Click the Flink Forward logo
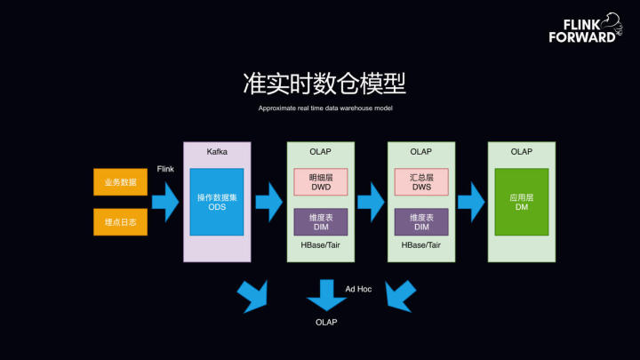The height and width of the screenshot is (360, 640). click(586, 28)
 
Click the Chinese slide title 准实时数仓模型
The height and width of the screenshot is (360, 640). click(324, 84)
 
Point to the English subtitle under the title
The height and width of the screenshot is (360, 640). click(325, 108)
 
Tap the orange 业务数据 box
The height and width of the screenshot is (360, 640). click(120, 182)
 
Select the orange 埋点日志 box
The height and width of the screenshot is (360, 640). click(120, 222)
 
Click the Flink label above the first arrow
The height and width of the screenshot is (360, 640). click(165, 169)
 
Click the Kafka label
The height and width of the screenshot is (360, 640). click(217, 152)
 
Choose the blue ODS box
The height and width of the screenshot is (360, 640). click(217, 202)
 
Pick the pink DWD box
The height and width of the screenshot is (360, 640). click(321, 182)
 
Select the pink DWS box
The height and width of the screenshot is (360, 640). click(421, 182)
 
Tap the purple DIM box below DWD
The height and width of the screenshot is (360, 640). click(321, 222)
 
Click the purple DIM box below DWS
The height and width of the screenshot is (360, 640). click(421, 222)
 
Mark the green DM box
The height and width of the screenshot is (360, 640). click(522, 202)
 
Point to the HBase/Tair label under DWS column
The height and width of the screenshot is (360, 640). click(420, 245)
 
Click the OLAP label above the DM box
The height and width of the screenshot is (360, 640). click(522, 152)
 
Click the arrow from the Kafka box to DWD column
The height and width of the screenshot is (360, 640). click(269, 202)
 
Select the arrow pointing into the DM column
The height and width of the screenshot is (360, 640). click(471, 202)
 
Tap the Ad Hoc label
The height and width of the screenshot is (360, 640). click(358, 289)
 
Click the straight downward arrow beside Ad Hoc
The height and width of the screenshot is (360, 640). click(326, 295)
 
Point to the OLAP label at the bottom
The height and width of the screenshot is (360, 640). click(326, 323)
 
